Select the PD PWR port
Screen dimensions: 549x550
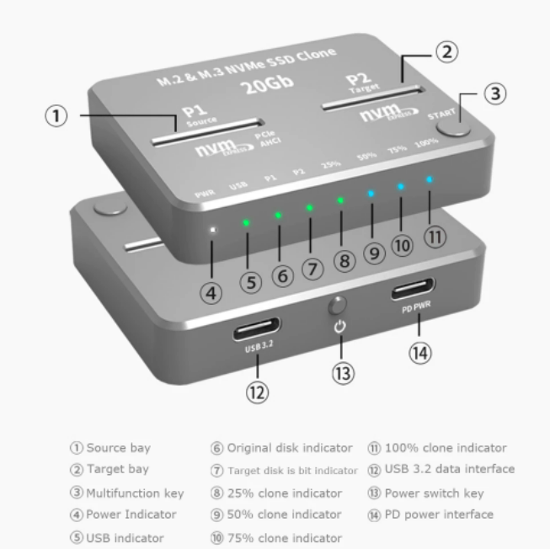[412, 292]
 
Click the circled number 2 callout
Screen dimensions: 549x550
[447, 52]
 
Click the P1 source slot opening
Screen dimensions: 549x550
[209, 131]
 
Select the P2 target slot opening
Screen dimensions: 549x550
[371, 98]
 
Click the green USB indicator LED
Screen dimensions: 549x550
[246, 223]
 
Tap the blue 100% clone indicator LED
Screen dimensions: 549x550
[430, 179]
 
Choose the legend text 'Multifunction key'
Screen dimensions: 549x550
[135, 493]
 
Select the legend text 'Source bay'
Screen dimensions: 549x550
[118, 448]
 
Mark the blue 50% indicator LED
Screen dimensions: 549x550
[371, 194]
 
